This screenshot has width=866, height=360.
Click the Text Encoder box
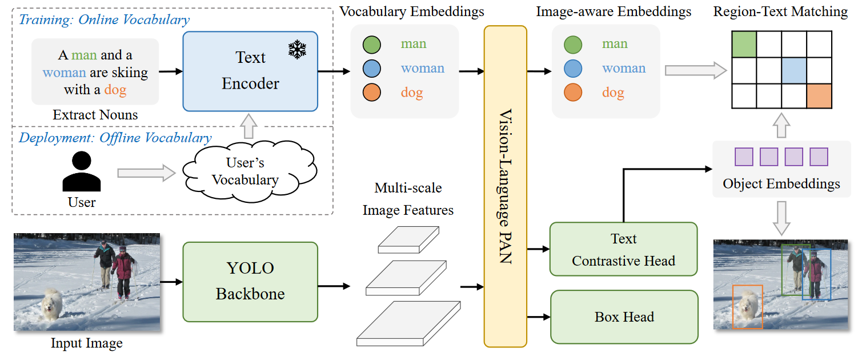click(250, 71)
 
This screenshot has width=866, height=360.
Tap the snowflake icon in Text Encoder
click(297, 50)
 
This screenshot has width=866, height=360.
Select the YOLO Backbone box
click(250, 281)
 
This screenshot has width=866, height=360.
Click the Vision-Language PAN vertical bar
click(505, 186)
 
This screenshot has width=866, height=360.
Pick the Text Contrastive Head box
click(623, 250)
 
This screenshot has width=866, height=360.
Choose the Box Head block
click(624, 317)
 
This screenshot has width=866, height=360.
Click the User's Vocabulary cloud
click(244, 171)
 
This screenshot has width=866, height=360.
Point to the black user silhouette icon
click(81, 171)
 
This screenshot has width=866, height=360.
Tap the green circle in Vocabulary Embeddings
click(372, 44)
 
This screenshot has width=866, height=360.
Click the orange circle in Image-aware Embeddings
click(572, 93)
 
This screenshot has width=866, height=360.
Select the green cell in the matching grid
click(744, 44)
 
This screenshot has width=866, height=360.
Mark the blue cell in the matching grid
click(795, 70)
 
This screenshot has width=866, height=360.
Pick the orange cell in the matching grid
click(820, 95)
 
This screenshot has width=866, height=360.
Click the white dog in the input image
click(53, 303)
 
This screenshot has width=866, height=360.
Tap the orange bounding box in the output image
click(747, 307)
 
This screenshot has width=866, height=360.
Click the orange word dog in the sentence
click(115, 90)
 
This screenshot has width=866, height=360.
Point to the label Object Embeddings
click(781, 183)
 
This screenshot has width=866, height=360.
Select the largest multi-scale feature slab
click(408, 323)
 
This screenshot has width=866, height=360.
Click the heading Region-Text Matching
click(780, 11)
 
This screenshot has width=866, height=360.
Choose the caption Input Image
click(87, 343)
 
